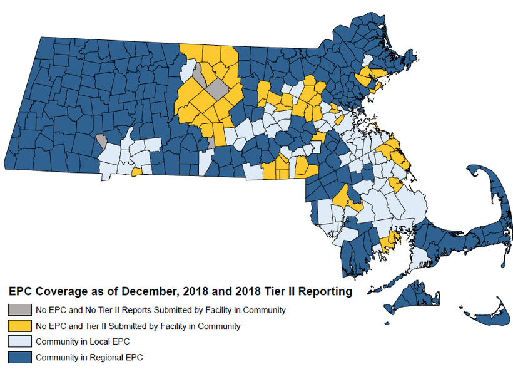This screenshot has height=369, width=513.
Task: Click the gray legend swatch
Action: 19,310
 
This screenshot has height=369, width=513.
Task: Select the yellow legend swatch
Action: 19,326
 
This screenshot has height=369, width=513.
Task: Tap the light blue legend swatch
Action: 19,341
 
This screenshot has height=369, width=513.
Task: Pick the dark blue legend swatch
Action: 19,357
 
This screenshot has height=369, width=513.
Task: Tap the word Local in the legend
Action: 95,342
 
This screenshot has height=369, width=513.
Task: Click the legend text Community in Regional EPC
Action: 89,358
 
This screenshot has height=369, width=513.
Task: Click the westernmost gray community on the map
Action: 101,140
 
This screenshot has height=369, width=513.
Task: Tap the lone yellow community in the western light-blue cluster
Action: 136,171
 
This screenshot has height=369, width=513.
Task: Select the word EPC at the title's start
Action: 19,292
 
